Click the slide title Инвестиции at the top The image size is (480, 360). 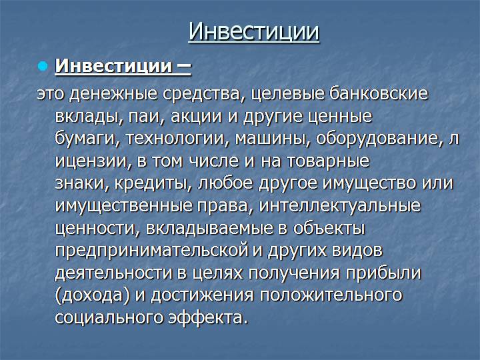(x=254, y=32)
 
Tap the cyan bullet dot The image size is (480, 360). (x=43, y=66)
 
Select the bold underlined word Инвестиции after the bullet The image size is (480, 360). (x=113, y=65)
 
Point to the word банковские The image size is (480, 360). (x=378, y=93)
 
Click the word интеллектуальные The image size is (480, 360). (x=340, y=206)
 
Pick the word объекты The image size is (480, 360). (x=329, y=228)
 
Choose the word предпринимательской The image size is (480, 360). (x=151, y=251)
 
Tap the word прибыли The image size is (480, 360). (x=383, y=273)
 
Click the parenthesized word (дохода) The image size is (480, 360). (x=93, y=295)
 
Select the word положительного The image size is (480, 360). (x=331, y=295)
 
